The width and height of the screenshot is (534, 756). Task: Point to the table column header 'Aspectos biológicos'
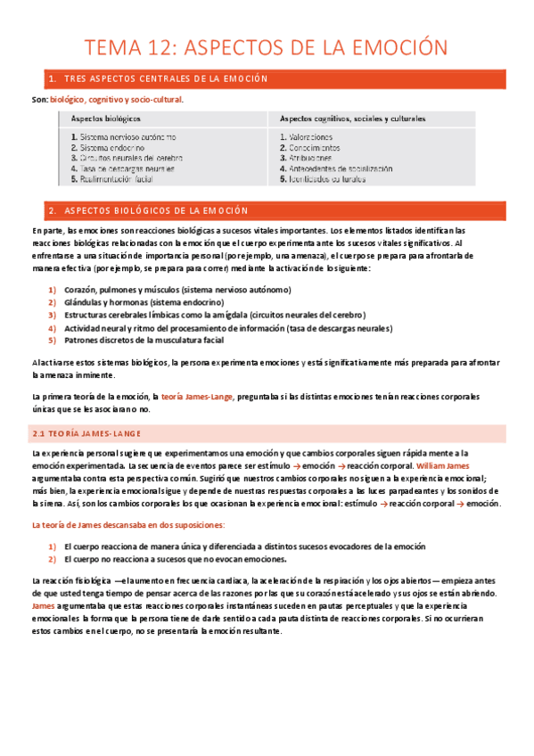point(105,119)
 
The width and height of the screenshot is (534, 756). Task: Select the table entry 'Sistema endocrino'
point(114,147)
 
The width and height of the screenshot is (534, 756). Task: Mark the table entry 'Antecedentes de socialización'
point(340,168)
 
